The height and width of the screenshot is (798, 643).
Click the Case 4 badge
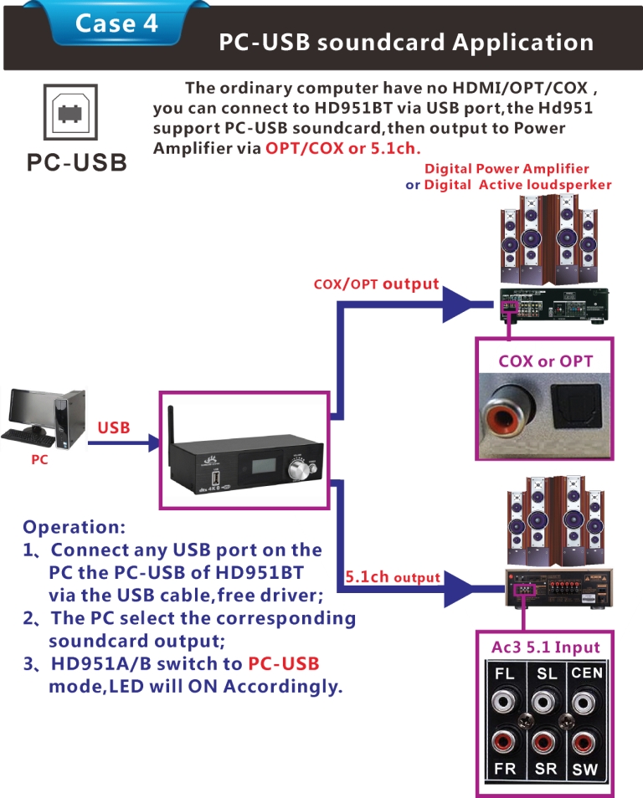tap(116, 23)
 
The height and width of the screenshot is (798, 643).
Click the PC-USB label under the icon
tap(76, 162)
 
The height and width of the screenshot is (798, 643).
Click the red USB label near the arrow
tap(114, 427)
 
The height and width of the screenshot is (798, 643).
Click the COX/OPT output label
tap(376, 284)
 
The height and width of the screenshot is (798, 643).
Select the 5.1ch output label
tap(393, 576)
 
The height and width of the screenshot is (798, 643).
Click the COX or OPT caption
tap(545, 361)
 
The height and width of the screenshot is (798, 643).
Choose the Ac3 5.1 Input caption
tap(545, 647)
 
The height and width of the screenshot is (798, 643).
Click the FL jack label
tap(505, 674)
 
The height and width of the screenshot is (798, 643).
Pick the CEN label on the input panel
tap(586, 673)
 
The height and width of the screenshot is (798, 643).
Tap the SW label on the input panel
tap(585, 770)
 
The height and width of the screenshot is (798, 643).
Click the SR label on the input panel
tap(546, 768)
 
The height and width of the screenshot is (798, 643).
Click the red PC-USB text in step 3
tap(284, 663)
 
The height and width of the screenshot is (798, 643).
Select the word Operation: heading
tap(75, 527)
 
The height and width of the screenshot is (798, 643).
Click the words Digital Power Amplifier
tap(507, 169)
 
